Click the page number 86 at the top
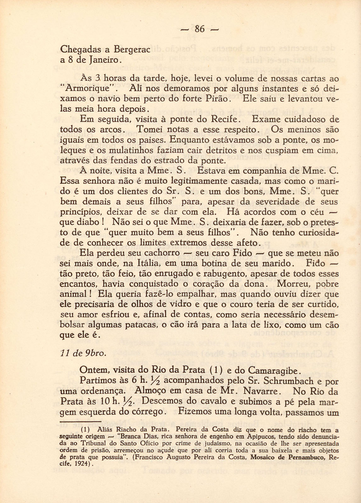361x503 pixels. pyautogui.click(x=200, y=29)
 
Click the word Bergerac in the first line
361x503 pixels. pyautogui.click(x=131, y=49)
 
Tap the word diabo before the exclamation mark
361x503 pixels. pyautogui.click(x=83, y=222)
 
